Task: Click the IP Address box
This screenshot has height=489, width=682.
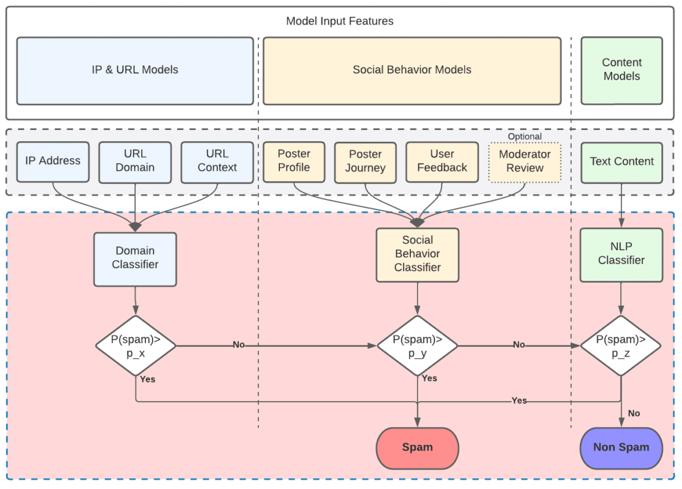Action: (53, 162)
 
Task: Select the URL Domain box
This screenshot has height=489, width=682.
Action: (135, 162)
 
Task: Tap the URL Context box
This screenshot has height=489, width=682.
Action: (217, 162)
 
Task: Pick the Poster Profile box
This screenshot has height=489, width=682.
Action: (294, 161)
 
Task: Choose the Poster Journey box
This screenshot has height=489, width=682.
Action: (365, 162)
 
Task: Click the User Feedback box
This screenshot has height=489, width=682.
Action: (442, 162)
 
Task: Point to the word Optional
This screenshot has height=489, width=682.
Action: (525, 136)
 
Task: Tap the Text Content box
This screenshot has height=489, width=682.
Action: (622, 162)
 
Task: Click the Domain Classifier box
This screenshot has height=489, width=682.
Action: (135, 259)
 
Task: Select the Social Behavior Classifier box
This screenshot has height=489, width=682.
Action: (418, 254)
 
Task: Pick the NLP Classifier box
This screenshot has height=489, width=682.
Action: (622, 254)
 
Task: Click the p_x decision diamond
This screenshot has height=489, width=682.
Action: (136, 346)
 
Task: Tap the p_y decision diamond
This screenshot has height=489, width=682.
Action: (418, 346)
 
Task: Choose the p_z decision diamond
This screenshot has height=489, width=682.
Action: (621, 346)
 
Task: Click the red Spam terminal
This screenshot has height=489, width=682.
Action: (418, 448)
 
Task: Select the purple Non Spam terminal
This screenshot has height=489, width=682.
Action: (621, 448)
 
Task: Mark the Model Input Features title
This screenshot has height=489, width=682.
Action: (340, 22)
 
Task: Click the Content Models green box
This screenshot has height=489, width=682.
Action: (622, 70)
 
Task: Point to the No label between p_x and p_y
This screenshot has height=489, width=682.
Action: (239, 345)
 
